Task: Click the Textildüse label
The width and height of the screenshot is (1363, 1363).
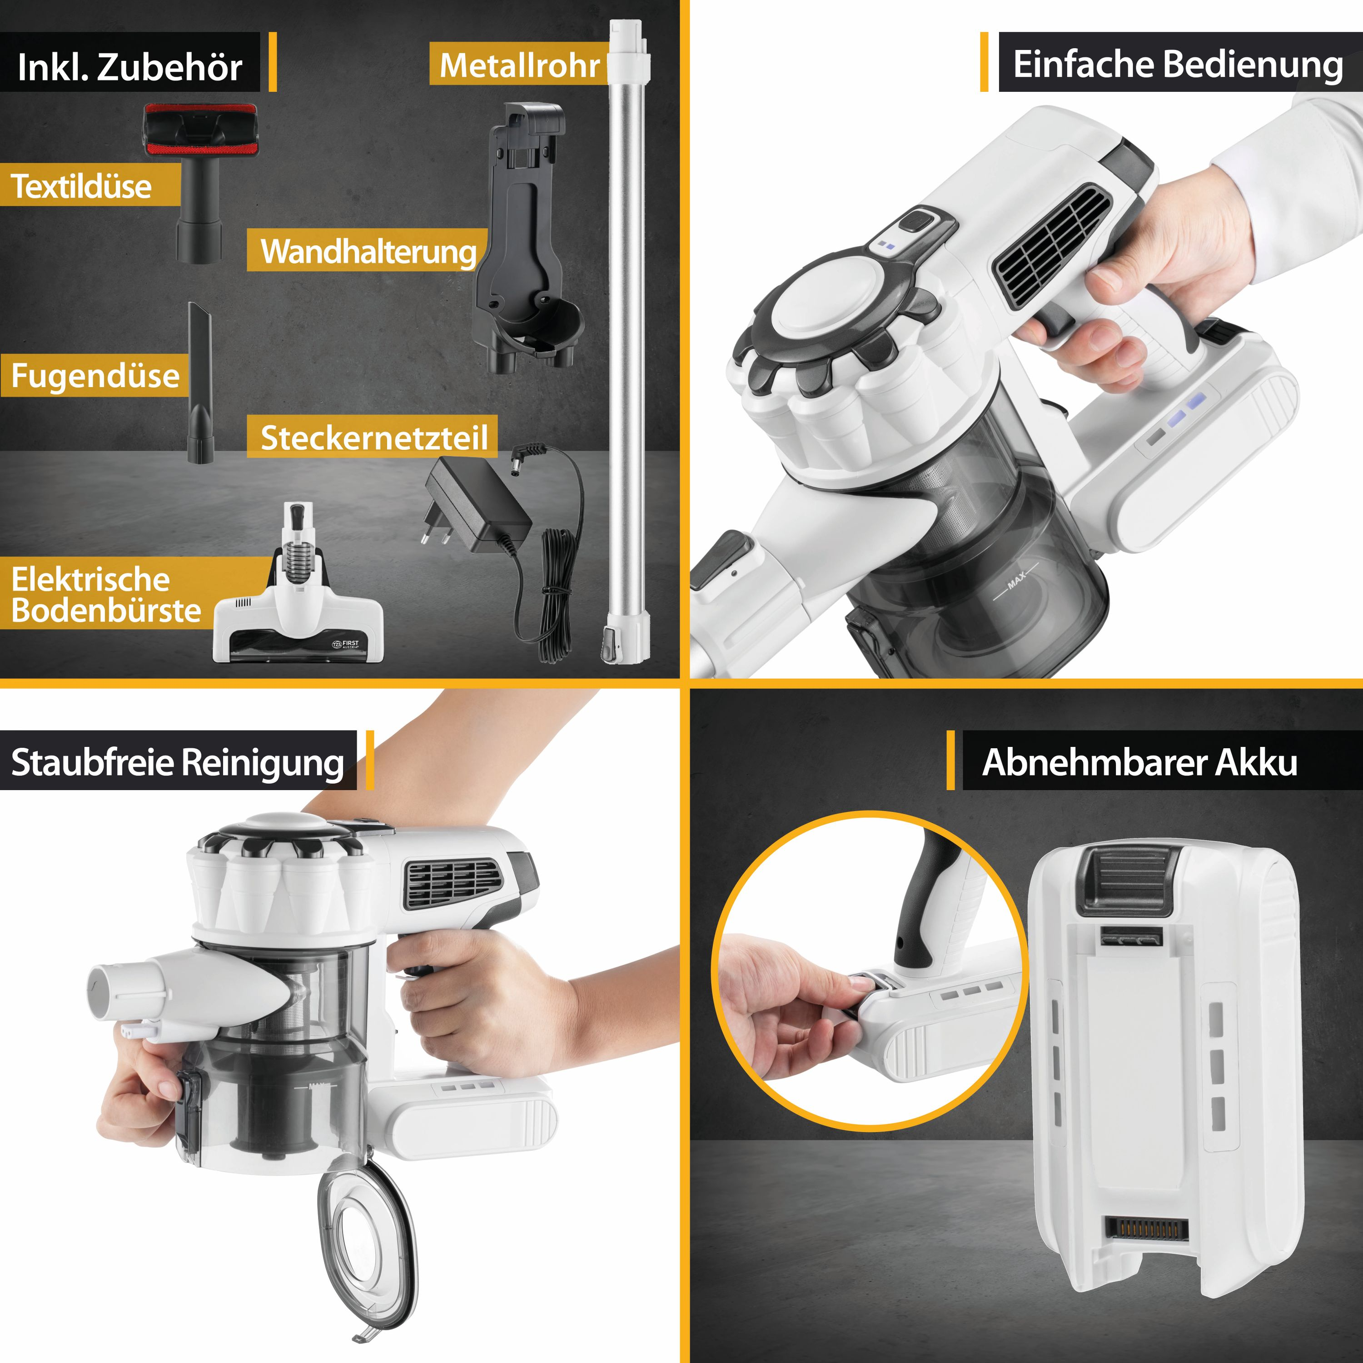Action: [x=81, y=186]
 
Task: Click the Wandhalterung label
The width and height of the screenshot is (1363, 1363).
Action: [x=368, y=252]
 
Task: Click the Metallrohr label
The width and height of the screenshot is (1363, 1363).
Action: [x=520, y=65]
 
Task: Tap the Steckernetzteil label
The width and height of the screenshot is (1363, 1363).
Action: [x=374, y=438]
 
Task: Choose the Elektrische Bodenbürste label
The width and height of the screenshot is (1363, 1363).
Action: [x=106, y=595]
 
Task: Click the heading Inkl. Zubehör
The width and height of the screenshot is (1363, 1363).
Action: [x=130, y=67]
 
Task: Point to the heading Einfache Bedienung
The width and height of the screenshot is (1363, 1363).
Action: [x=1178, y=64]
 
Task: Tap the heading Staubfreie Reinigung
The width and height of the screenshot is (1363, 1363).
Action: [x=178, y=763]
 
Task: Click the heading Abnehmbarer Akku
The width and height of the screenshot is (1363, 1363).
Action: [x=1139, y=762]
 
